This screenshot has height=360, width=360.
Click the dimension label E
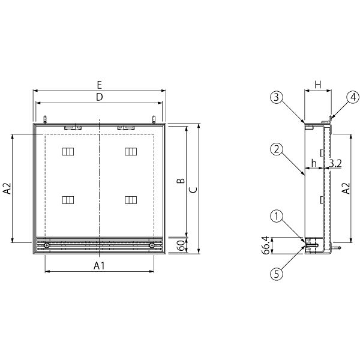tap(99, 85)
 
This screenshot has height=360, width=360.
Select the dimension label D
tap(100, 97)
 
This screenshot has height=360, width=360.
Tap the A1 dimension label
tap(99, 266)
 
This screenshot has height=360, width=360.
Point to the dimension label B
tap(181, 181)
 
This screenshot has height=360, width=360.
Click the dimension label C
tap(193, 190)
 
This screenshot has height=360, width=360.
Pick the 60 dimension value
tap(181, 245)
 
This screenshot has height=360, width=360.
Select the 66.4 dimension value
tap(266, 245)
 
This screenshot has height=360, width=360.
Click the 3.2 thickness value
tap(335, 163)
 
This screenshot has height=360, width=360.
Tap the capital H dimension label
tap(318, 85)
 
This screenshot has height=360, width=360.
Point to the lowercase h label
tap(314, 163)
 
